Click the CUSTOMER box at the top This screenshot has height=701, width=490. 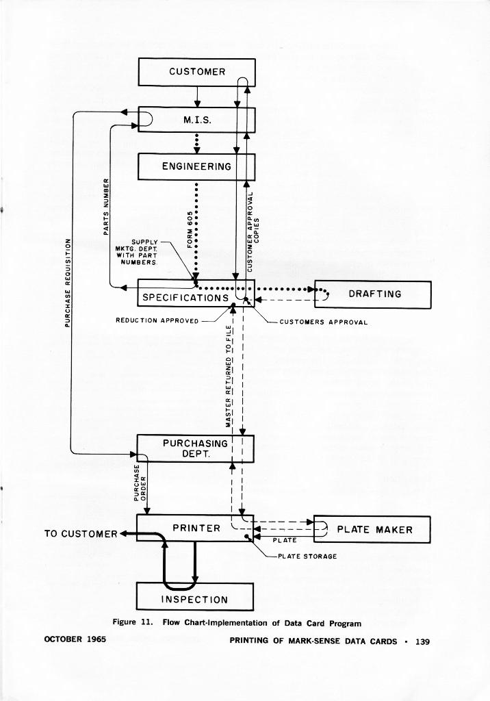pos(196,72)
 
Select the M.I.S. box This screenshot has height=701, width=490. pos(196,120)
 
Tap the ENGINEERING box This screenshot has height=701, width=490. pos(196,166)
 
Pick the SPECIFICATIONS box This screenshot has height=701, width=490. pos(185,298)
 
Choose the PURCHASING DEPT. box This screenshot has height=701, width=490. pos(195,448)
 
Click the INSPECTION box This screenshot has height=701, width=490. pos(195,599)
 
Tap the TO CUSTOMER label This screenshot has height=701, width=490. pos(81,533)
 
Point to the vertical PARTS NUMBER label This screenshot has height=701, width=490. pos(106,206)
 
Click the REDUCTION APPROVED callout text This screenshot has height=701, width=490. pos(157,320)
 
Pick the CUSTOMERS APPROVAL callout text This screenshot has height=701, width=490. pos(324,322)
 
